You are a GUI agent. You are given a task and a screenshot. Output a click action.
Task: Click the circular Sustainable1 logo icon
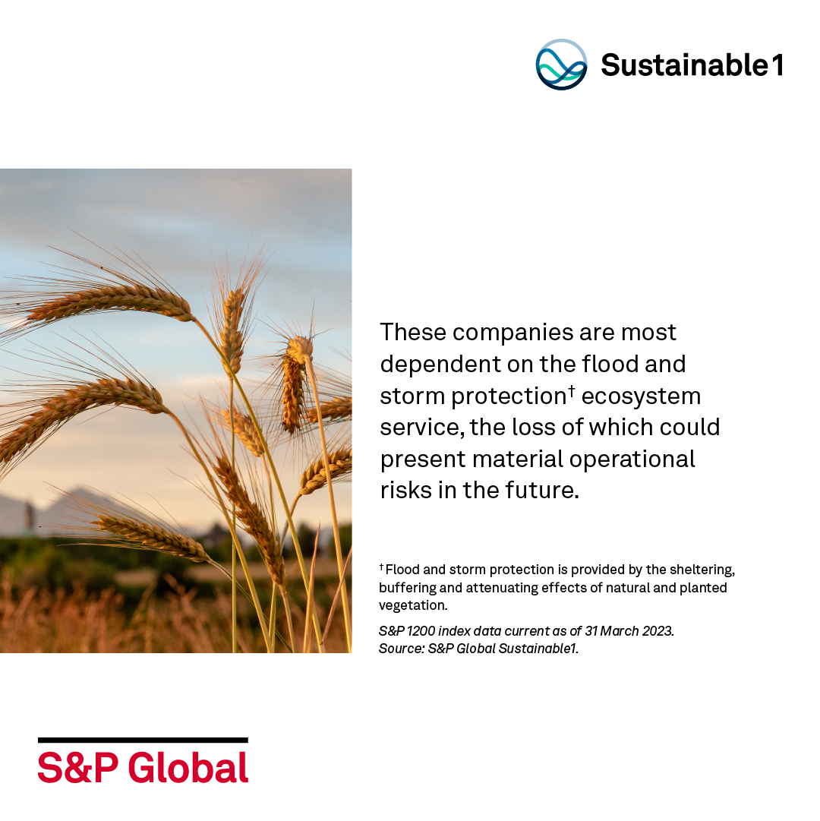coord(561,65)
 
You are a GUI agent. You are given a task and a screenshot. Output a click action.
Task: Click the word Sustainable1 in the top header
coord(692,65)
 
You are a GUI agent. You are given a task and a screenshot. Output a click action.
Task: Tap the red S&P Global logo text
coord(143,768)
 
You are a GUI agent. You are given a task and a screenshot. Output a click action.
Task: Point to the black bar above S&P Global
coord(143,740)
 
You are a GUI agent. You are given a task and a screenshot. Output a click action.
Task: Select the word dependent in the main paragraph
coord(440,364)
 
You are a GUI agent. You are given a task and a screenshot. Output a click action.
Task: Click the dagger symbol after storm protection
coord(572,390)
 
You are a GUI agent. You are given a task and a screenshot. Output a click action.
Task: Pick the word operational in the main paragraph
coord(632,459)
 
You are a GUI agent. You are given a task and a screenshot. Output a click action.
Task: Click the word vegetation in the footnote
coord(413,606)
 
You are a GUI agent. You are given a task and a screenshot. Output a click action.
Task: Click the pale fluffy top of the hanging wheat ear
coord(300,347)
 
